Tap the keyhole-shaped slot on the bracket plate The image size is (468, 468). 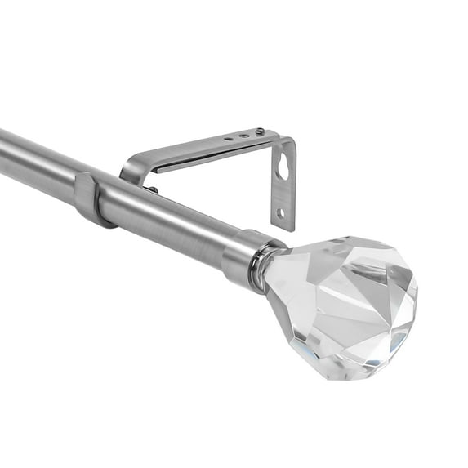(x=283, y=168)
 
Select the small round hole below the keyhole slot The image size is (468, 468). (x=281, y=213)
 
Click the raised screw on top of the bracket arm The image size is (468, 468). (x=260, y=131)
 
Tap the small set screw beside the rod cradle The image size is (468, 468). (x=153, y=190)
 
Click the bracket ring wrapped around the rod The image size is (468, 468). (x=91, y=198)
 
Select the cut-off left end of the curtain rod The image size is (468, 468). (x=3, y=151)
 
